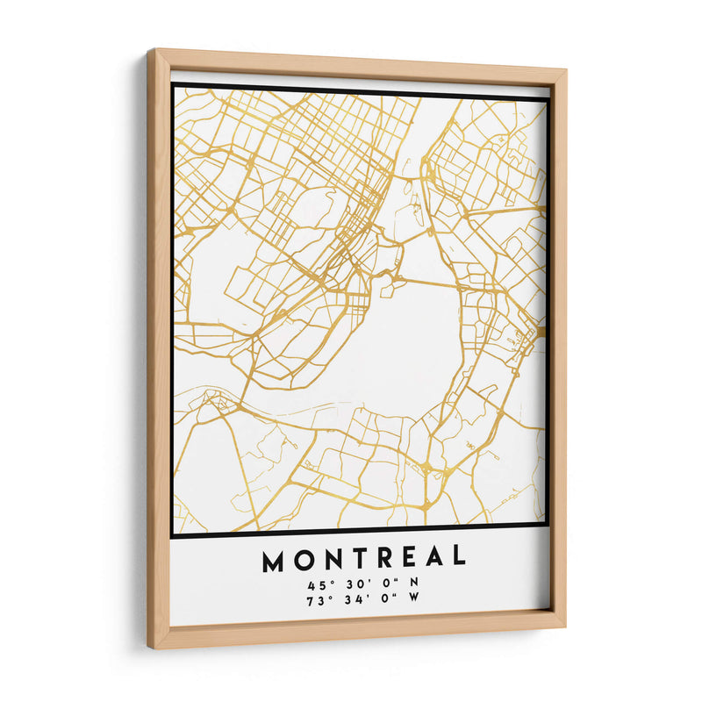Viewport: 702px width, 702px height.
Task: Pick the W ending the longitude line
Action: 414,598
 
